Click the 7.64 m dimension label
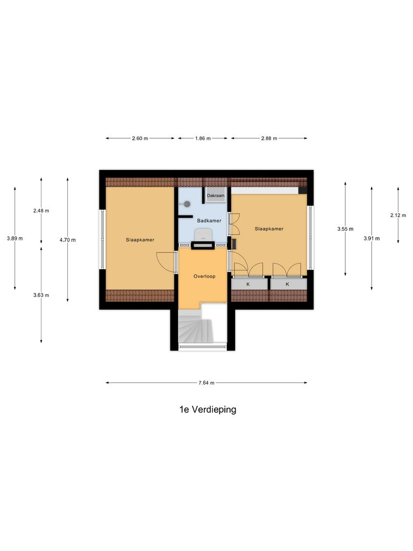[206, 383]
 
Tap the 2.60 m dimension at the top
[140, 138]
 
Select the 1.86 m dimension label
[202, 138]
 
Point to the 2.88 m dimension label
[269, 138]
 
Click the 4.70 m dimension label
[68, 240]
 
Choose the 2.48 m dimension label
[41, 210]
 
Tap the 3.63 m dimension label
[41, 295]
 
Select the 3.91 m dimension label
[372, 238]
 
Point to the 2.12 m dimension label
[398, 215]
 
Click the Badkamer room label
[209, 221]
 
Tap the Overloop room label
[204, 277]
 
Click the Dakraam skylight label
[216, 196]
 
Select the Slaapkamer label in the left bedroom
[140, 239]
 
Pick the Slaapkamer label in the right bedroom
[269, 229]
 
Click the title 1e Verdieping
[208, 409]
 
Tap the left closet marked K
[248, 284]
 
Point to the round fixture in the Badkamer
[187, 204]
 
